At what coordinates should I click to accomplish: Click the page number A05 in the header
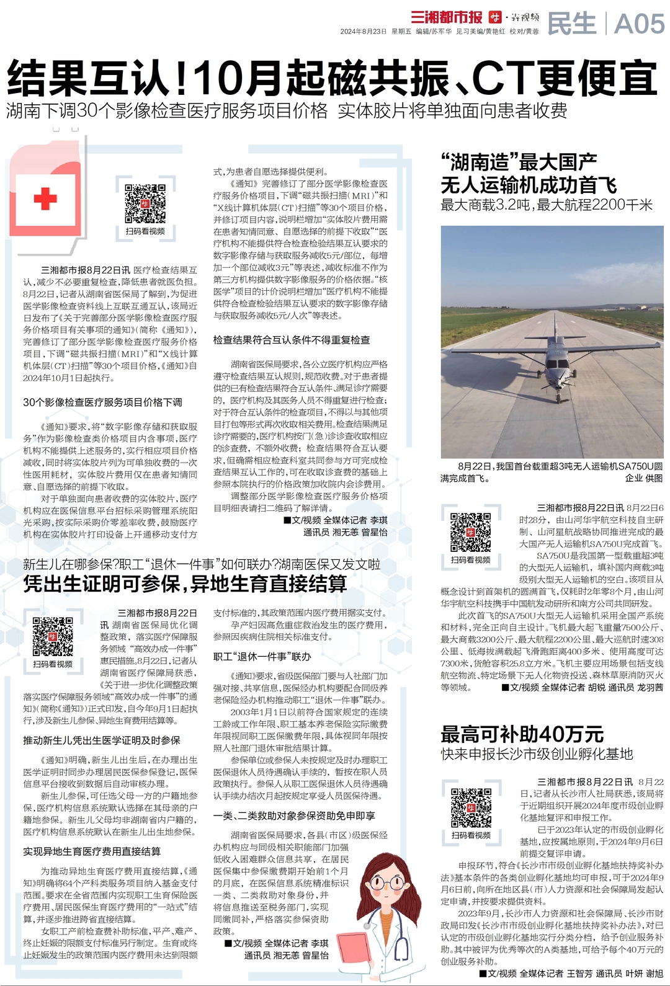(x=639, y=24)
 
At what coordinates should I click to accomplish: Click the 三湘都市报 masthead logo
(x=446, y=17)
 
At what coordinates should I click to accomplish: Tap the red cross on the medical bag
(x=45, y=198)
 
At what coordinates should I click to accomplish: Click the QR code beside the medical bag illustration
(x=145, y=203)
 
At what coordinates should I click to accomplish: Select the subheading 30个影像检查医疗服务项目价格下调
(x=103, y=402)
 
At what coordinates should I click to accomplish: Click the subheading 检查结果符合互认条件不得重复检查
(x=292, y=340)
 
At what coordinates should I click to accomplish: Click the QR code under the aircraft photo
(x=471, y=532)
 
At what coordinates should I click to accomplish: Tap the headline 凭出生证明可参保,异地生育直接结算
(x=185, y=584)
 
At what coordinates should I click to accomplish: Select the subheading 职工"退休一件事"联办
(x=262, y=657)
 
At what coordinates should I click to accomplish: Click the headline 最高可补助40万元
(x=522, y=734)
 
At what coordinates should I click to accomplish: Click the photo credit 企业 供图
(x=643, y=478)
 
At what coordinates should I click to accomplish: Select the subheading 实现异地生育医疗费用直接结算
(x=92, y=851)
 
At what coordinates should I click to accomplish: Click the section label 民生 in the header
(x=571, y=24)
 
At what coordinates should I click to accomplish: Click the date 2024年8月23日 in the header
(x=363, y=31)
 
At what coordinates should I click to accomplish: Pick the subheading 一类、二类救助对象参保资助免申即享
(x=294, y=815)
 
